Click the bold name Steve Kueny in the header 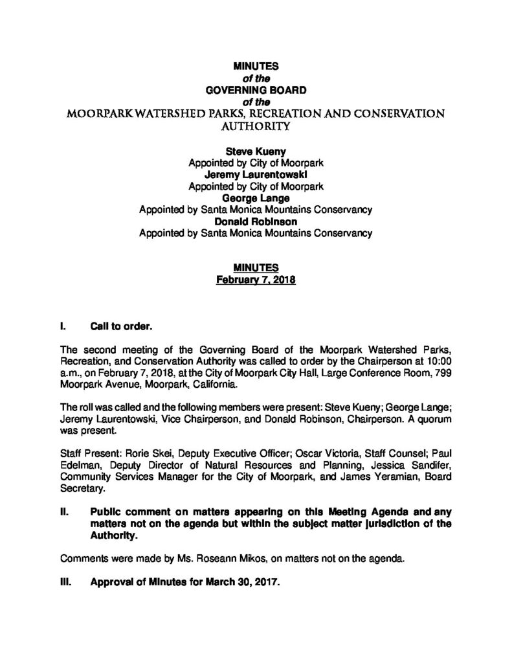[x=256, y=151]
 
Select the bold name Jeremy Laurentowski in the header [x=256, y=175]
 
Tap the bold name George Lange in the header [x=256, y=198]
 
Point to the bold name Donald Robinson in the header [x=256, y=221]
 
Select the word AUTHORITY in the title [x=256, y=128]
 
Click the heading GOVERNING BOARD [x=256, y=90]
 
